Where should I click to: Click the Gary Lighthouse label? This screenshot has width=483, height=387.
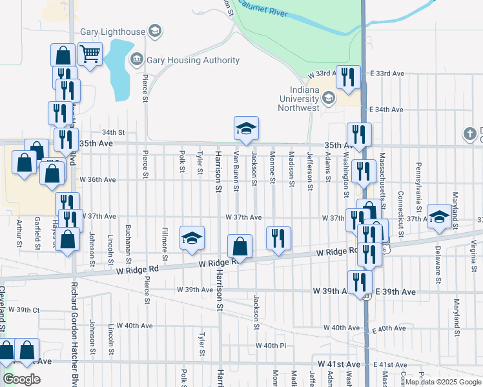[x=112, y=31]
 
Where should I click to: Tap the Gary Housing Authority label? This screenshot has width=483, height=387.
[x=193, y=61]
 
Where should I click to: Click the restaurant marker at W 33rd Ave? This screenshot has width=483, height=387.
[x=347, y=77]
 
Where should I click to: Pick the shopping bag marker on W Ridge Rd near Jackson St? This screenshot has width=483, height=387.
[x=240, y=246]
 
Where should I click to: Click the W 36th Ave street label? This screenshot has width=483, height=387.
[x=98, y=179]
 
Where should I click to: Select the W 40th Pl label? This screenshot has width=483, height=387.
[x=271, y=346]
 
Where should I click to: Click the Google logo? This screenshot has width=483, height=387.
[x=21, y=379]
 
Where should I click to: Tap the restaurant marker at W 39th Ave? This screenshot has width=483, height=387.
[x=359, y=283]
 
